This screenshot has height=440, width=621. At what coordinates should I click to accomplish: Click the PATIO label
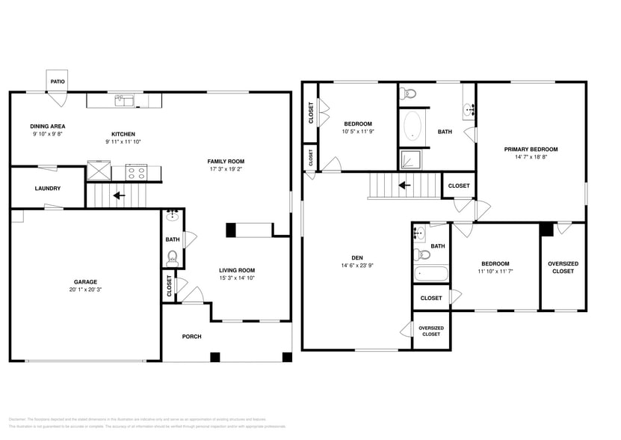[x=57, y=82]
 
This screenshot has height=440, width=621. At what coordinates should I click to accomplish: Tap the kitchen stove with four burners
[x=136, y=172]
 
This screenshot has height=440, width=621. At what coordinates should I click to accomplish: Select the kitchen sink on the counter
[x=124, y=100]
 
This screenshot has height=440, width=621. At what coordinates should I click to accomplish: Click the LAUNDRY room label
[x=48, y=189]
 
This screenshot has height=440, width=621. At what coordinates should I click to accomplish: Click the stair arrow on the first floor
[x=117, y=197]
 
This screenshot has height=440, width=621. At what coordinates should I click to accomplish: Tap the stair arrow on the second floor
[x=404, y=185]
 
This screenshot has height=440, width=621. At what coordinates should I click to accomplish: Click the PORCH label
[x=192, y=337]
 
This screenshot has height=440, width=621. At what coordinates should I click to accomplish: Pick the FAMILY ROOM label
[x=226, y=162]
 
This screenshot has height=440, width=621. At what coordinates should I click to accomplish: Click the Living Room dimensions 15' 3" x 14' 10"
[x=237, y=278]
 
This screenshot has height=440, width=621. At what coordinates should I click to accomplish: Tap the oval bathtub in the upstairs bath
[x=412, y=127]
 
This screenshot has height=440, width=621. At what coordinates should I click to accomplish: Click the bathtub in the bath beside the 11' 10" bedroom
[x=430, y=274]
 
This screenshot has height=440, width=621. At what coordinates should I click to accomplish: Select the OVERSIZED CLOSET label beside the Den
[x=431, y=331]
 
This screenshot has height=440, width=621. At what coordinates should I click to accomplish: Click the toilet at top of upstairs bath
[x=408, y=94]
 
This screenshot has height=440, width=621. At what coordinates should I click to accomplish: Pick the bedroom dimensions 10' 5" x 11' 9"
[x=358, y=132]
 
